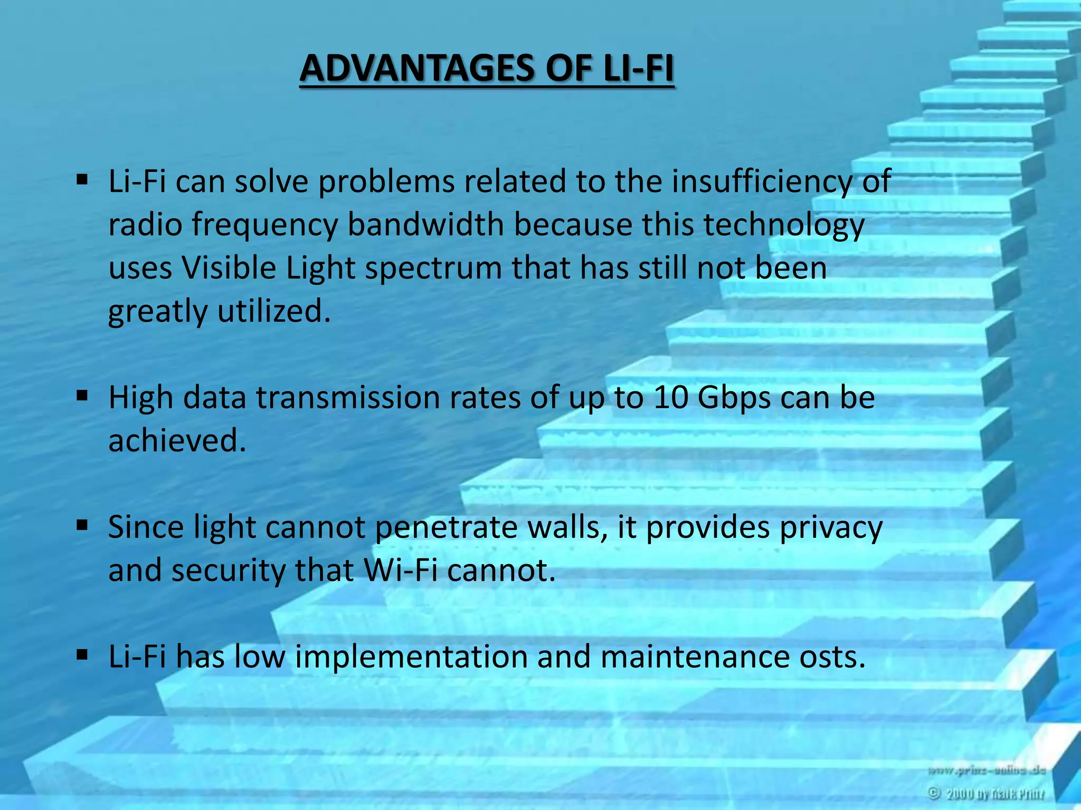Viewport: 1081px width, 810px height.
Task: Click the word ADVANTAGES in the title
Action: pyautogui.click(x=416, y=69)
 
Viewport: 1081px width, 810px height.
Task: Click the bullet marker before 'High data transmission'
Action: pyautogui.click(x=82, y=396)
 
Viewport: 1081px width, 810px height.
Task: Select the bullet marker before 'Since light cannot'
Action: pyautogui.click(x=82, y=525)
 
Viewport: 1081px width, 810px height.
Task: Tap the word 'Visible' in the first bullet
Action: pyautogui.click(x=229, y=268)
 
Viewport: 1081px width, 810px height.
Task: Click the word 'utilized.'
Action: pyautogui.click(x=274, y=311)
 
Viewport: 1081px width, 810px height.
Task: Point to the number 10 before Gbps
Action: pyautogui.click(x=670, y=398)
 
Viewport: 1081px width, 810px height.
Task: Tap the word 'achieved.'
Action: pyautogui.click(x=177, y=441)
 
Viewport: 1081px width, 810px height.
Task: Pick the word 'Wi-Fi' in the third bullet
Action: pyautogui.click(x=401, y=571)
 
